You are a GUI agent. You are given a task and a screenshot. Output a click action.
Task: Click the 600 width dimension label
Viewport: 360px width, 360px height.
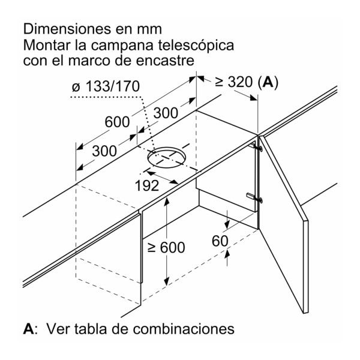point(117,122)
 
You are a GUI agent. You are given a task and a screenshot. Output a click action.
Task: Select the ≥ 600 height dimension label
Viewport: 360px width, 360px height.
point(166,247)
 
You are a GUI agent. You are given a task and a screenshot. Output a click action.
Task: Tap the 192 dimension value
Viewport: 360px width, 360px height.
point(147,185)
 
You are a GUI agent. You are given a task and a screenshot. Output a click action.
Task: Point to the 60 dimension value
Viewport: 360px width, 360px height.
point(220,241)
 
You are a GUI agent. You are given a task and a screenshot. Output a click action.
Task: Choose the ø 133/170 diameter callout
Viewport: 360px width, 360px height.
point(106,86)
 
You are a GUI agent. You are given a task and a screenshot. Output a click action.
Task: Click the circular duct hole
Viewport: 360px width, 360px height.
point(166,157)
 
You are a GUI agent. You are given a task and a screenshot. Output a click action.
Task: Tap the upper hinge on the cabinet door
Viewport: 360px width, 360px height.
point(256,146)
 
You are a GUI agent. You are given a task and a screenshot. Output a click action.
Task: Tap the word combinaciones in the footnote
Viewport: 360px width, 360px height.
point(184,329)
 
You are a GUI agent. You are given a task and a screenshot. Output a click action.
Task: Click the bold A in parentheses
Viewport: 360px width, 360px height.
point(269,82)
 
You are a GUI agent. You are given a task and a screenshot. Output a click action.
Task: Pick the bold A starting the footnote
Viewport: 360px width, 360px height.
point(29,329)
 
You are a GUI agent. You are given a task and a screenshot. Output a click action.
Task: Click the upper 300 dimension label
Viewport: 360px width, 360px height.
point(166,113)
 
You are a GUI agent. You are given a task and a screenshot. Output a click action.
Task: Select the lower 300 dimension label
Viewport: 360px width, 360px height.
point(104,151)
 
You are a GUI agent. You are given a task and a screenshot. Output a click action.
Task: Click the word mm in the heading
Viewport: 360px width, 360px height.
point(149,30)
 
